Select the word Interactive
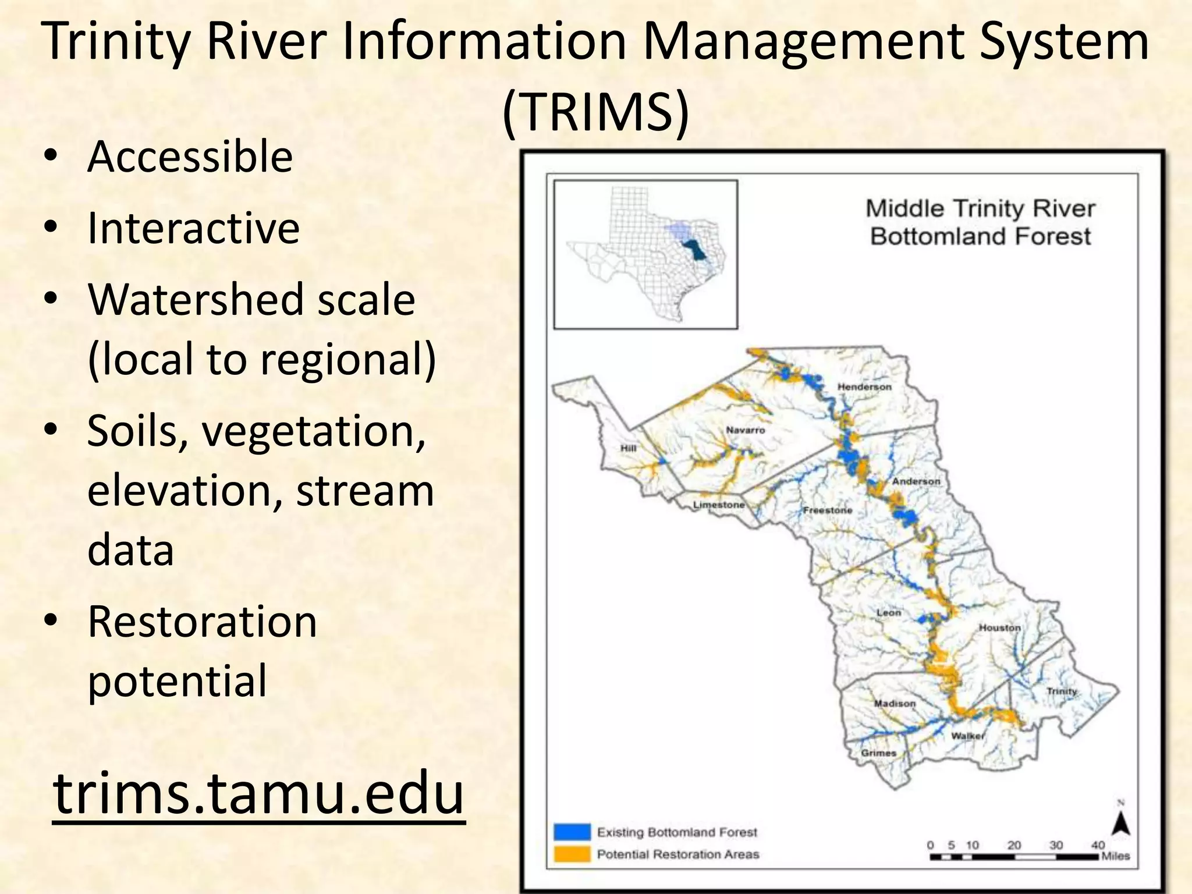coord(193,228)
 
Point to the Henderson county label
coord(864,387)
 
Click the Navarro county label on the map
coord(745,430)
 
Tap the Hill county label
coord(628,448)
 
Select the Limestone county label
coord(718,505)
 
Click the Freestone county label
coord(827,510)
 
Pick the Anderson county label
coord(916,481)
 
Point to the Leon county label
coord(888,613)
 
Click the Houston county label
coord(999,628)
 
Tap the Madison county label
coord(895,704)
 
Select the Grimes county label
coord(878,753)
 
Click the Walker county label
coord(967,736)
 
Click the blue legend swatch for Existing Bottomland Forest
coord(572,832)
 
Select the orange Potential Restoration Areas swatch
coord(572,854)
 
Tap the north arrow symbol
coord(1121,824)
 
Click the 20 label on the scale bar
coord(1014,845)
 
